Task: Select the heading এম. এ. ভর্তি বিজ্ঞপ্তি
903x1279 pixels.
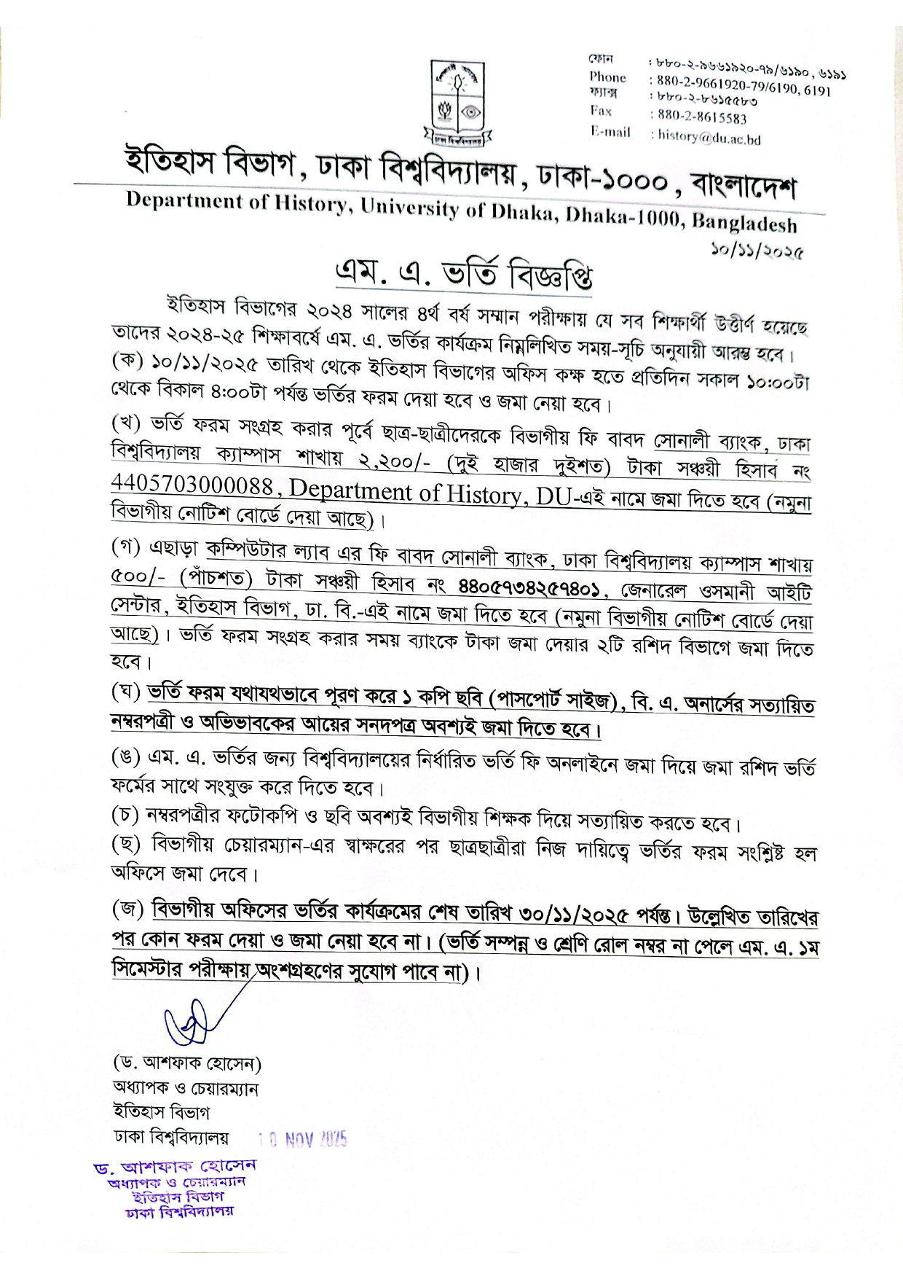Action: (x=463, y=274)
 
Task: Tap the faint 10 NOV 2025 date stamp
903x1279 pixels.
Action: (x=303, y=1139)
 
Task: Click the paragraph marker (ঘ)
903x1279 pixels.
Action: (x=126, y=692)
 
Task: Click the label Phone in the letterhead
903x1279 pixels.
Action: (x=607, y=77)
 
